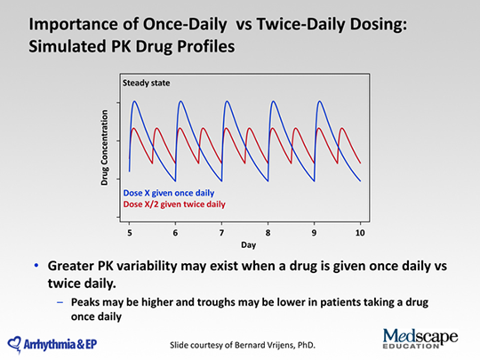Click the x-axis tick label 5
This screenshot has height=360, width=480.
130,233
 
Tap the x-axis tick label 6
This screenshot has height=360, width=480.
175,233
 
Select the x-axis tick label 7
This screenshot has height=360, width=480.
221,233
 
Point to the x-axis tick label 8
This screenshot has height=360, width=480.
268,233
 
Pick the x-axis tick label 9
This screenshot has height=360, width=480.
314,233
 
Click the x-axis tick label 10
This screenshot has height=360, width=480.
360,233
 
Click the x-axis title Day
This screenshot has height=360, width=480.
248,245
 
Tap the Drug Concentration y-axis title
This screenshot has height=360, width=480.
104,148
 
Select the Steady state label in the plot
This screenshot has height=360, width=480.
147,83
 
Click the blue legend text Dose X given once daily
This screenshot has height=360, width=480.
169,193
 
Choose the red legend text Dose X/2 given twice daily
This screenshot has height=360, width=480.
174,204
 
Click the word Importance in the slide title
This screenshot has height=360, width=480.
74,25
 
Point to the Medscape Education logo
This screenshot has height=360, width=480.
420,339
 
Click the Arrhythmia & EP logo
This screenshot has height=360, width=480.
52,345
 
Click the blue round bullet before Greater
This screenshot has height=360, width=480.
36,265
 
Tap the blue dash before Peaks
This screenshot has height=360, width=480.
60,302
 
